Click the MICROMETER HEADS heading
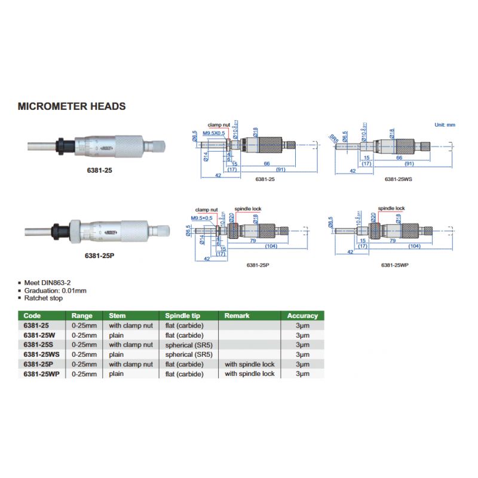(x=72, y=106)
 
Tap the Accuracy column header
(x=302, y=315)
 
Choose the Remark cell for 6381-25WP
(x=249, y=373)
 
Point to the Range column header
(x=82, y=315)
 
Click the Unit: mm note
(x=445, y=124)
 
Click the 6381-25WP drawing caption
(x=396, y=263)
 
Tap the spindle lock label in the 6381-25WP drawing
(x=391, y=209)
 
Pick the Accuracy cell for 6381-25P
(x=302, y=364)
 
